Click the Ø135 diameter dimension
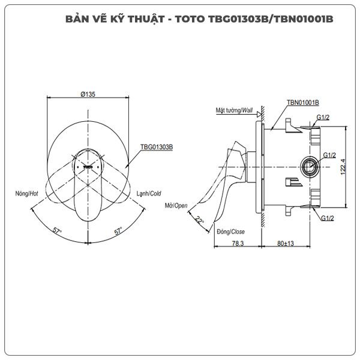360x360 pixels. pyautogui.click(x=88, y=94)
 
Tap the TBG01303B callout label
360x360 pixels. pyautogui.click(x=157, y=146)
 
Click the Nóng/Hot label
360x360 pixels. pyautogui.click(x=28, y=194)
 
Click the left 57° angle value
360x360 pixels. pyautogui.click(x=57, y=230)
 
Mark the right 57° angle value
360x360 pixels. pyautogui.click(x=118, y=230)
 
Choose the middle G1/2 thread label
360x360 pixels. pyautogui.click(x=329, y=155)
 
